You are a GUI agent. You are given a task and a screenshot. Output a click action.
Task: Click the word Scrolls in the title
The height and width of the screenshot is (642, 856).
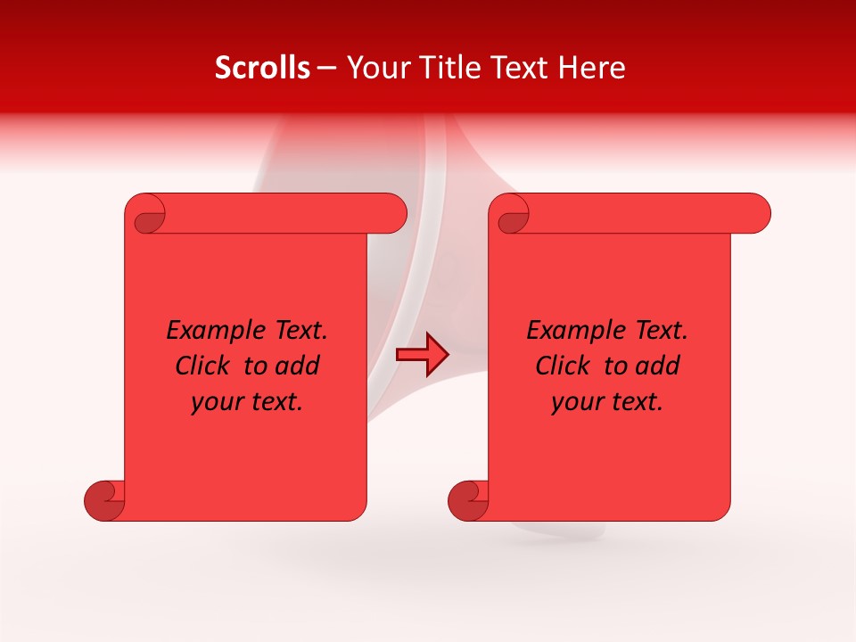tap(263, 68)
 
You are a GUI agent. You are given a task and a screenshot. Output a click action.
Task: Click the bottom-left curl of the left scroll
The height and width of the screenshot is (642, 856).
tap(105, 500)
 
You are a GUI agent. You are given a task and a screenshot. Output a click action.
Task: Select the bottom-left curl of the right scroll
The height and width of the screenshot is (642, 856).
tap(469, 500)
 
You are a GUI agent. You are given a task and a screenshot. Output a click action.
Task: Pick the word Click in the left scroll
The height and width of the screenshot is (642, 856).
tap(205, 366)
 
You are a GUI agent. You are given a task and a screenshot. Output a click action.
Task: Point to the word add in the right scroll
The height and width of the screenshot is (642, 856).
tap(655, 366)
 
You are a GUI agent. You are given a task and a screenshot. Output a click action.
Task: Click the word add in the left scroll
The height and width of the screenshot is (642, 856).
tap(295, 366)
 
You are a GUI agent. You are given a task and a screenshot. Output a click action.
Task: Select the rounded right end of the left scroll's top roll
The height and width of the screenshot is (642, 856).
tap(393, 214)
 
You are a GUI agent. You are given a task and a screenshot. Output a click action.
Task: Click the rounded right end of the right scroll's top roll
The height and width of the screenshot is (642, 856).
tap(757, 214)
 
